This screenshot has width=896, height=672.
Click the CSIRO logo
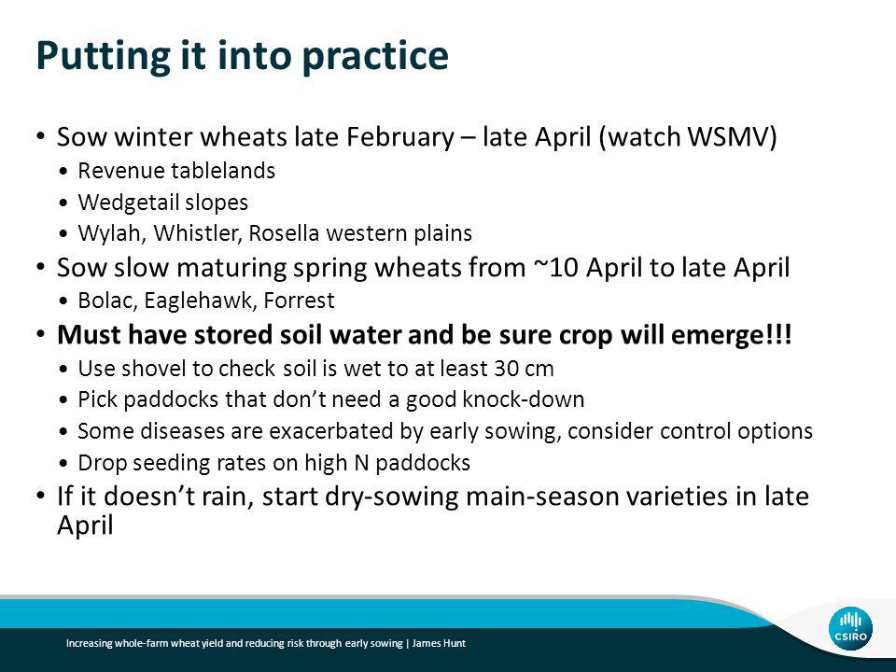(x=850, y=628)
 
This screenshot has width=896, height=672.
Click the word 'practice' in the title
(x=375, y=57)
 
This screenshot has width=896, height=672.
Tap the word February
(x=400, y=138)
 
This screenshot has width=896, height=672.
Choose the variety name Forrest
(x=299, y=301)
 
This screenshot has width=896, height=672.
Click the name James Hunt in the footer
(x=439, y=643)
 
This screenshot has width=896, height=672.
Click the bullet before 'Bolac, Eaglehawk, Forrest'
(x=64, y=301)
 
